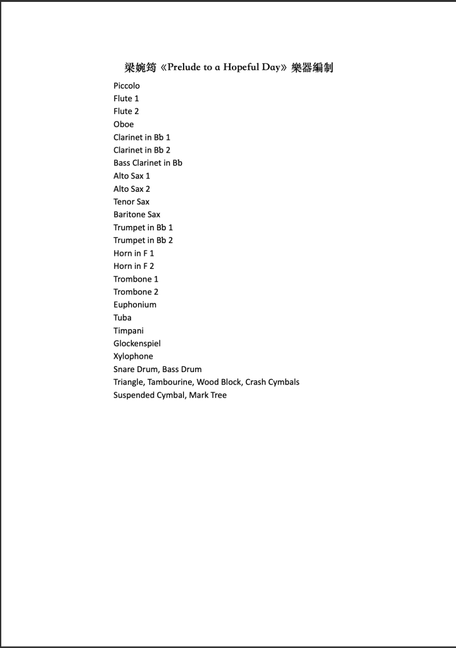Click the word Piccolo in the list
127,85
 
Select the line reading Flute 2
126,111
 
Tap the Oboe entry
123,124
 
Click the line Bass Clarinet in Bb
148,163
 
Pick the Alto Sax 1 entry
132,176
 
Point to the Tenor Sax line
131,202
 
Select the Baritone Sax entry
137,215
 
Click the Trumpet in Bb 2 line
143,240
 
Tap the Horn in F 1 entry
134,253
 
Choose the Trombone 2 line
136,292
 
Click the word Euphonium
135,304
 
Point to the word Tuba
122,318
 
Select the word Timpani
129,330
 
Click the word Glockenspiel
137,344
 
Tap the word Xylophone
133,356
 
